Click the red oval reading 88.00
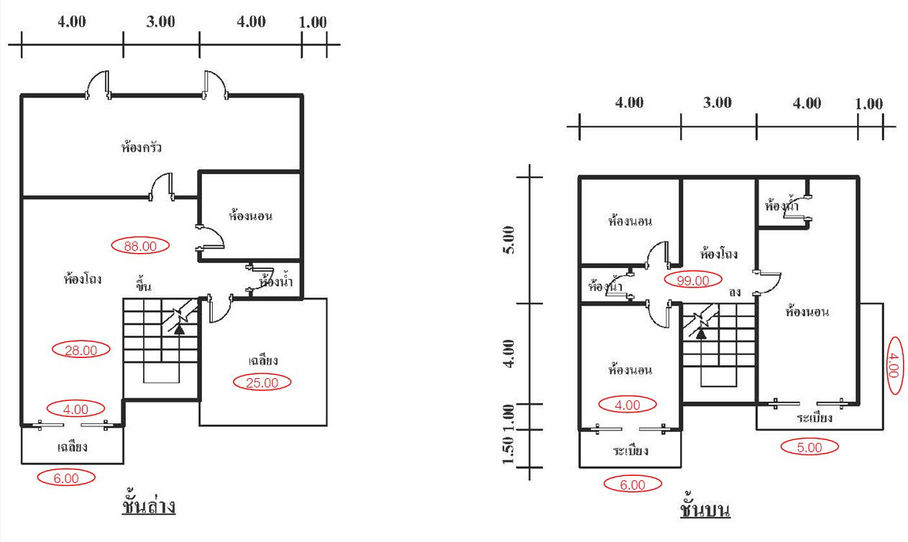pyautogui.click(x=140, y=246)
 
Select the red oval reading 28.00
pyautogui.click(x=81, y=350)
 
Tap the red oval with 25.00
pyautogui.click(x=262, y=382)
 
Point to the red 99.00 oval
pyautogui.click(x=692, y=280)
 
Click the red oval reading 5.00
pyautogui.click(x=810, y=447)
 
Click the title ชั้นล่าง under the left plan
pyautogui.click(x=149, y=506)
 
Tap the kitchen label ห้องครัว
pyautogui.click(x=141, y=148)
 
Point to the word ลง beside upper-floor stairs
pyautogui.click(x=734, y=293)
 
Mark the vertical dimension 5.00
pyautogui.click(x=508, y=239)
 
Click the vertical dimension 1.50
pyautogui.click(x=508, y=450)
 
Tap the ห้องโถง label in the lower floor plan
pyautogui.click(x=82, y=279)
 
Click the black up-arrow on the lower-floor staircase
pyautogui.click(x=178, y=329)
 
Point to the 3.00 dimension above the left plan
pyautogui.click(x=160, y=22)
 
